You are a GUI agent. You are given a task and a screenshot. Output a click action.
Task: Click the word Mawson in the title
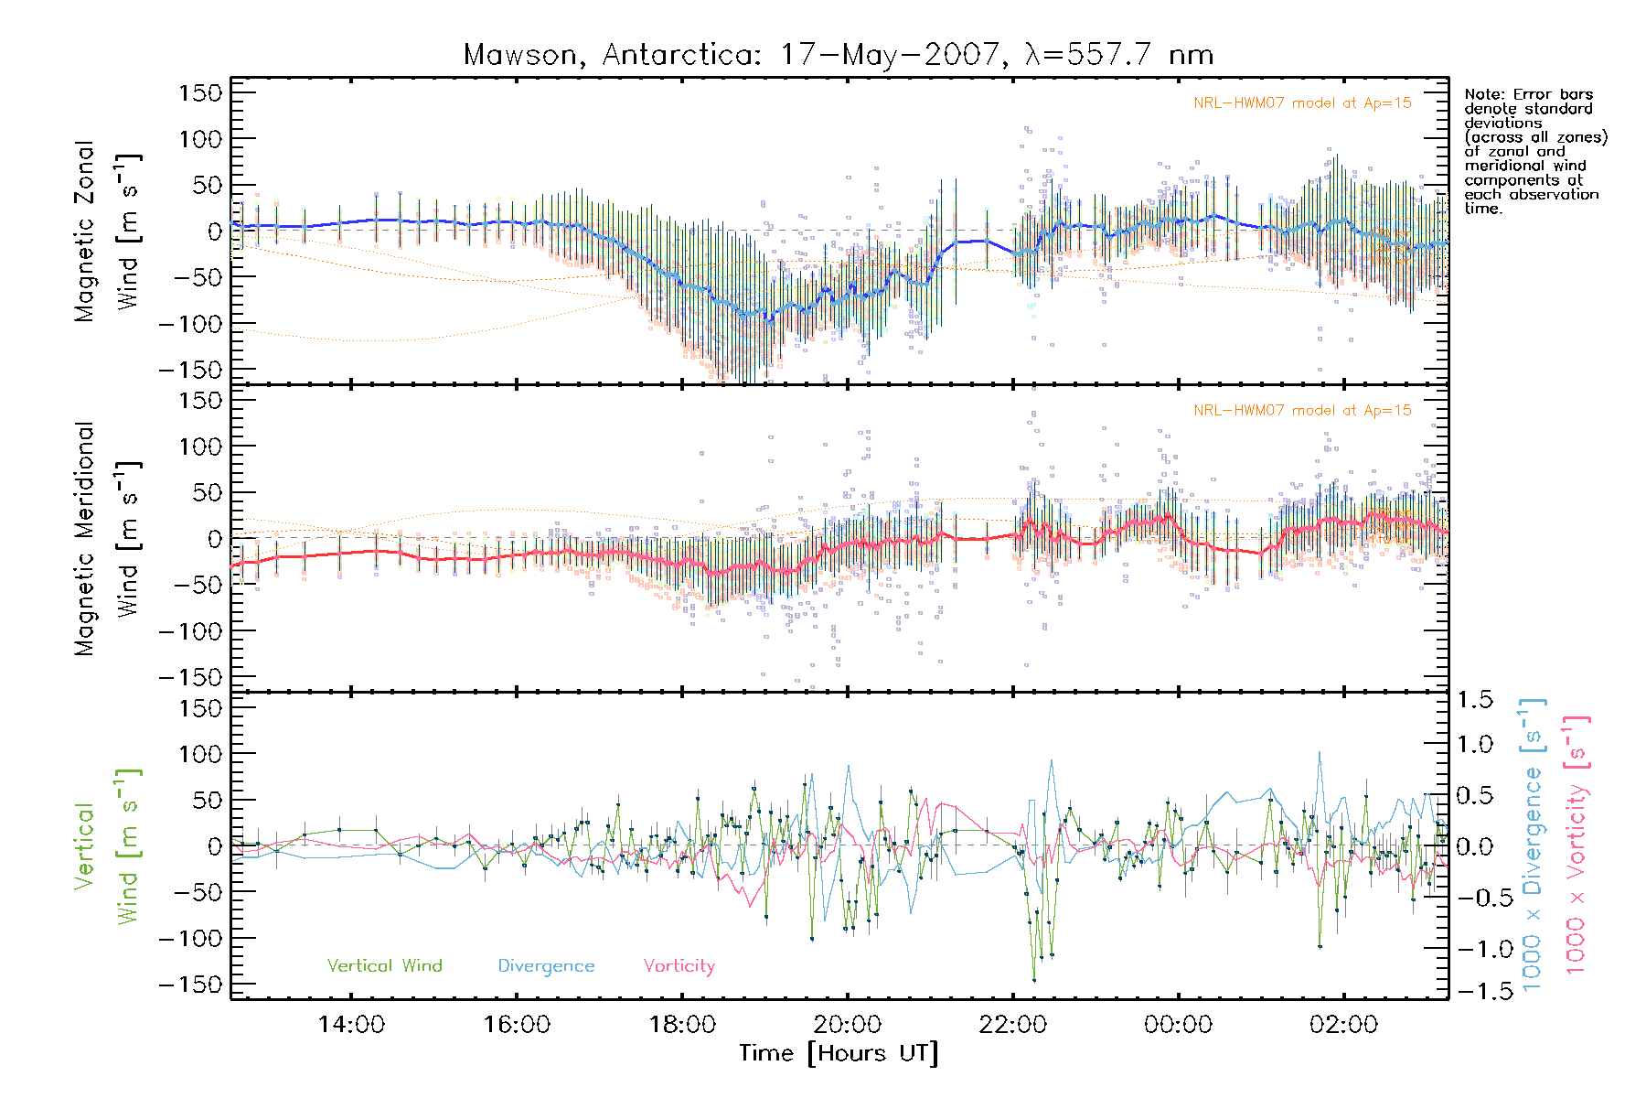[x=519, y=55]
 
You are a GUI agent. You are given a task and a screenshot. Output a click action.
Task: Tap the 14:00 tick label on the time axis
[x=351, y=1024]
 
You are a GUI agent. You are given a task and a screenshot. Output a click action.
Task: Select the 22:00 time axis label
[x=1012, y=1024]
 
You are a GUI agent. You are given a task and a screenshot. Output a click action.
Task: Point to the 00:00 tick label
[x=1178, y=1024]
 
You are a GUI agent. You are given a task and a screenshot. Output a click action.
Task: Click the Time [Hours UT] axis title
[x=839, y=1053]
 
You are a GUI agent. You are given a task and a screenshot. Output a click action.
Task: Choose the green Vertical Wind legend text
[x=384, y=965]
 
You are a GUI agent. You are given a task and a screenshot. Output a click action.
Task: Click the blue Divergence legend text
[x=546, y=965]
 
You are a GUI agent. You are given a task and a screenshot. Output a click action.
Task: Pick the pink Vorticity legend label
[x=679, y=965]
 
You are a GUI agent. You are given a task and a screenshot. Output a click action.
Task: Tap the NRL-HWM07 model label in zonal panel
[x=1302, y=103]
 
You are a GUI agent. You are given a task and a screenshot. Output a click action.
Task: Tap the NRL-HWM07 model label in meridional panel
[x=1302, y=411]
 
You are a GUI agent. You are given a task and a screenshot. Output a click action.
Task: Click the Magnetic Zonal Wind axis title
[x=108, y=231]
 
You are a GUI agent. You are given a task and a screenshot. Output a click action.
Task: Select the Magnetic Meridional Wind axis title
[x=108, y=538]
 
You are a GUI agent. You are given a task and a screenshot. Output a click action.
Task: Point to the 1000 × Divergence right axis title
[x=1533, y=845]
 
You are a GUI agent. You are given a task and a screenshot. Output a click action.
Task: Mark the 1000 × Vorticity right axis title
[x=1577, y=845]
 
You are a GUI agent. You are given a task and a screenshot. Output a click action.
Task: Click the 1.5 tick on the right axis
[x=1475, y=700]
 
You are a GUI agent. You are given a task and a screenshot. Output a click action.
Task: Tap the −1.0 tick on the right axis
[x=1475, y=949]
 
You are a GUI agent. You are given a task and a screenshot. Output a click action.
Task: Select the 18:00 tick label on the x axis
[x=682, y=1024]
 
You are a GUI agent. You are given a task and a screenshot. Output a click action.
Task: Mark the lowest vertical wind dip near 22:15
[x=1034, y=980]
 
